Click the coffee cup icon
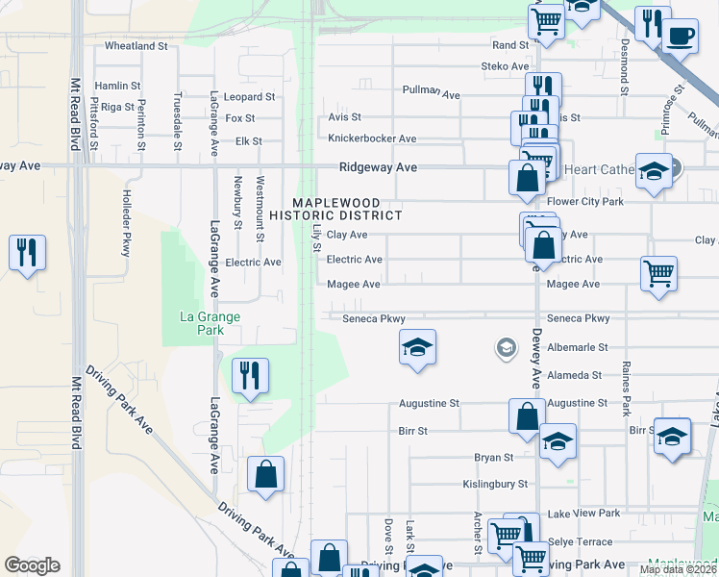tap(681, 37)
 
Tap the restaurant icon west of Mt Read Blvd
tap(26, 253)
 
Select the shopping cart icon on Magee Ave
tap(658, 273)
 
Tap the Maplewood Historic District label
tap(347, 209)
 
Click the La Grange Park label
tap(211, 323)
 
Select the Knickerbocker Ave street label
tap(372, 138)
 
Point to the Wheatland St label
tap(136, 45)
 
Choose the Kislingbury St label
tap(495, 484)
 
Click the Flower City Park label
tap(585, 202)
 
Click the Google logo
tap(32, 565)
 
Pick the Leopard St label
tap(249, 97)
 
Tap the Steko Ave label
tap(506, 66)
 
